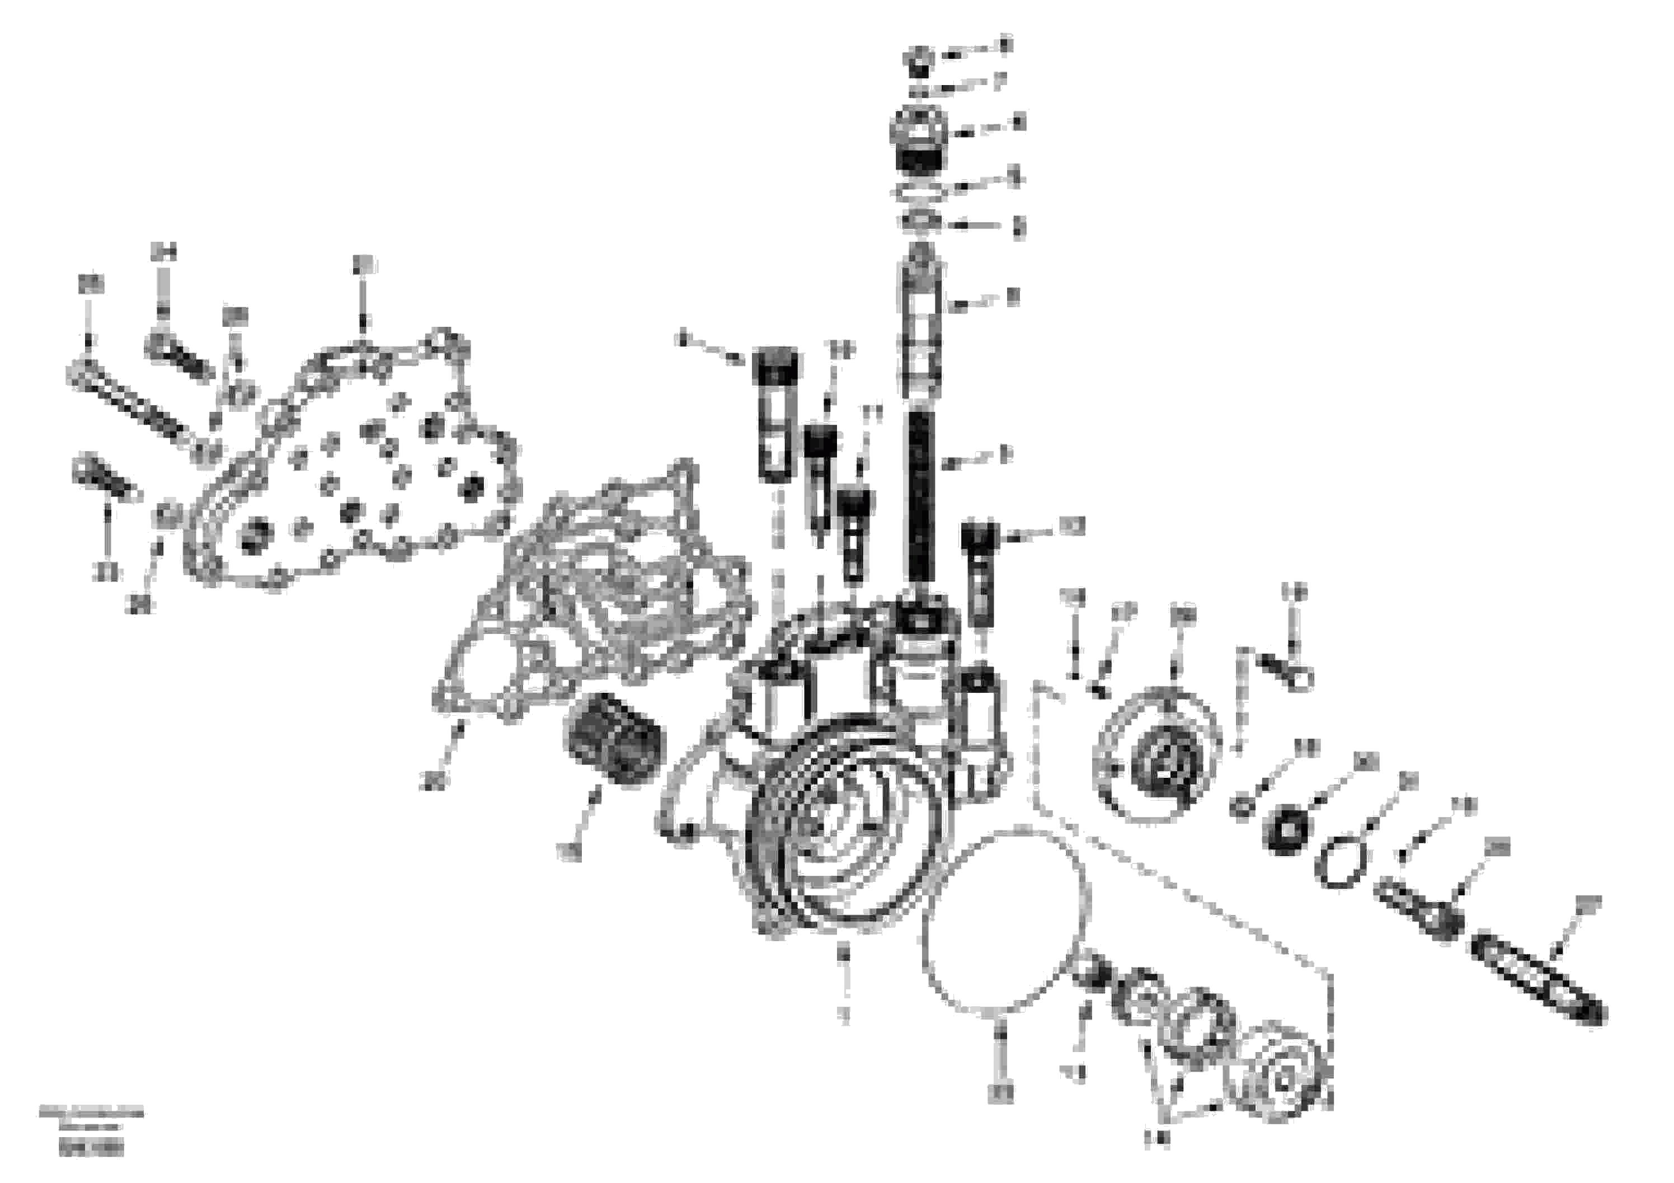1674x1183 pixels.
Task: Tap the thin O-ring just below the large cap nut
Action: click(918, 193)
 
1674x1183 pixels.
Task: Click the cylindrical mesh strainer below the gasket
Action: click(613, 740)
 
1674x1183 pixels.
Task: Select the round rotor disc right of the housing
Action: click(1158, 755)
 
